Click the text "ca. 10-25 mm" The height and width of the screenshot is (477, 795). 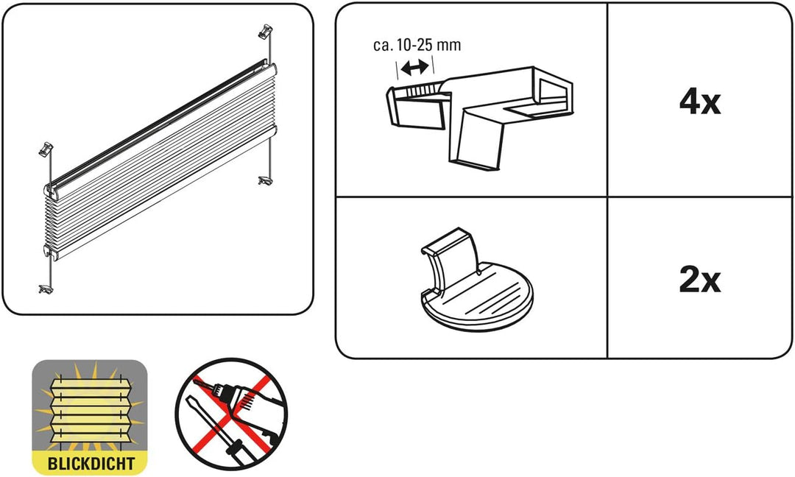point(417,45)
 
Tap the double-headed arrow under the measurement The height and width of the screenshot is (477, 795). point(415,68)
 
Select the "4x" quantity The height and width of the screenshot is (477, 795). point(699,102)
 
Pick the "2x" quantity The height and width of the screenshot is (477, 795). point(699,280)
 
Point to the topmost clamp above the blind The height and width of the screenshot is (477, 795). point(266,32)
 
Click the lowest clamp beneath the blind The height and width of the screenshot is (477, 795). point(46,287)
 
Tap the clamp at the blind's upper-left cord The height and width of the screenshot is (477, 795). point(46,148)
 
